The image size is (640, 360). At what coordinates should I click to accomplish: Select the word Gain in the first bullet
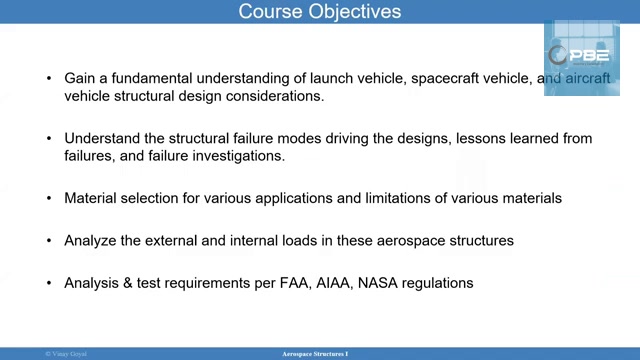click(81, 78)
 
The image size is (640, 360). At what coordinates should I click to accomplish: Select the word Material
click(91, 198)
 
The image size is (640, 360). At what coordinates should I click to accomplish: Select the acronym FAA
click(322, 283)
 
